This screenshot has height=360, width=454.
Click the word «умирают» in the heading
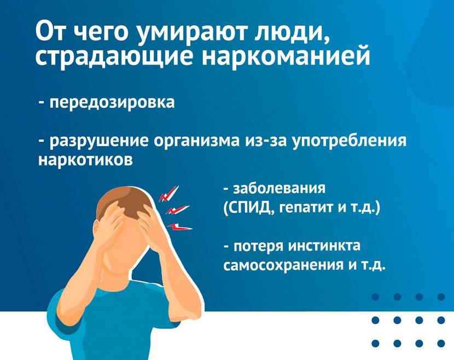pos(191,32)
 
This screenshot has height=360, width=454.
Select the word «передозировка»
pos(112,102)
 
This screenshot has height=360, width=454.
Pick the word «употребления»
pos(350,141)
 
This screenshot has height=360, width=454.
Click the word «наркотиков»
pos(86,159)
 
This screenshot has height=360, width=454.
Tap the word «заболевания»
pos(280,188)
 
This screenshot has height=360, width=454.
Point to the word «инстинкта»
pos(325,246)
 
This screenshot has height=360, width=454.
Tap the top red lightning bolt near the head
pos(169,194)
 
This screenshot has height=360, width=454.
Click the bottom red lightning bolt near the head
pos(179,227)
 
